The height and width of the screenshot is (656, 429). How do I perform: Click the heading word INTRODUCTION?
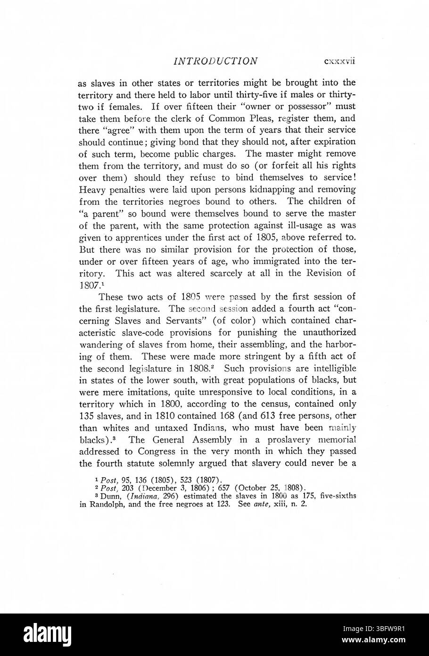click(x=215, y=61)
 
